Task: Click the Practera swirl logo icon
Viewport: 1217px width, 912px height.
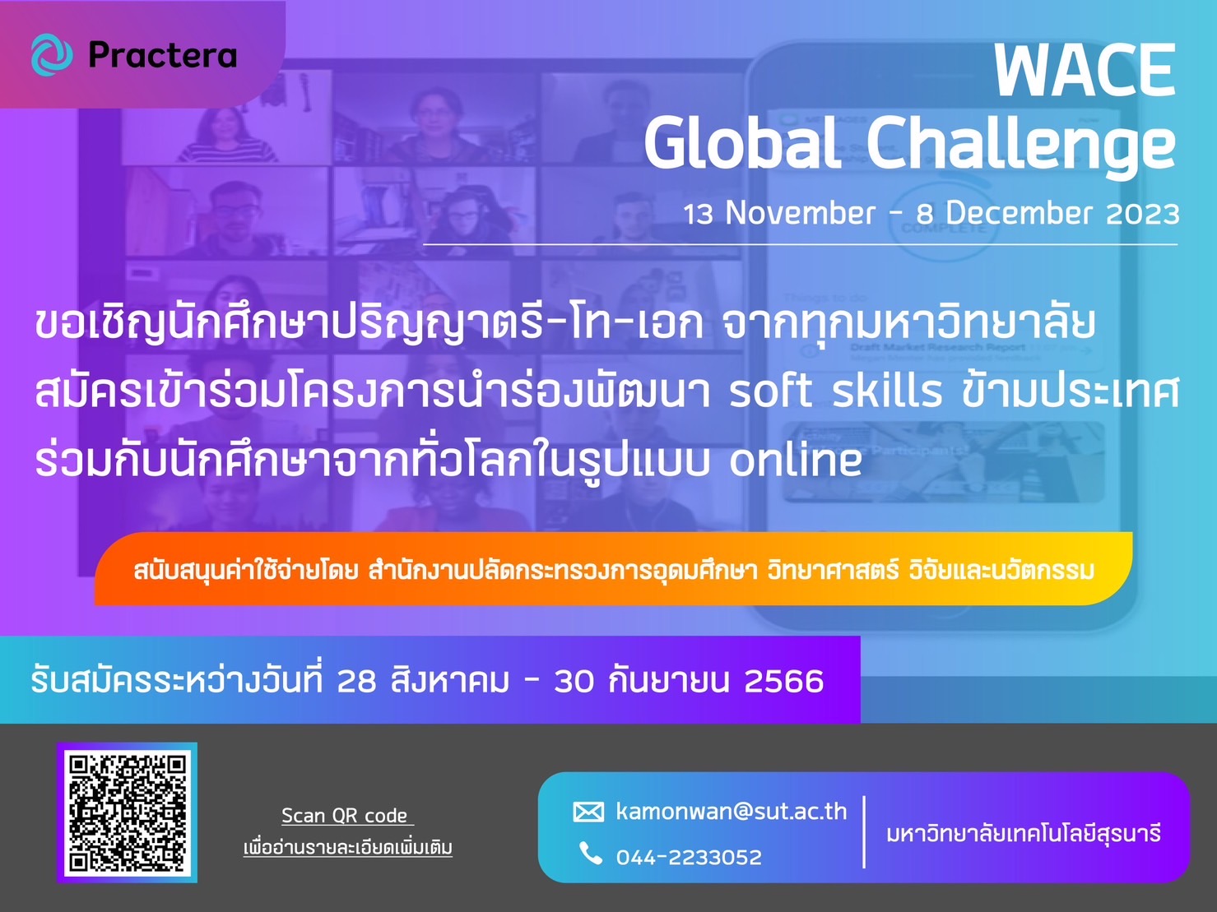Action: click(x=52, y=55)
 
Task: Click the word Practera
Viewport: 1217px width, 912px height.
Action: click(x=162, y=55)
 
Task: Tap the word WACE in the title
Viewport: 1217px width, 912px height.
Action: click(x=1085, y=70)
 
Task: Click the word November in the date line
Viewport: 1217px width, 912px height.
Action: click(x=801, y=213)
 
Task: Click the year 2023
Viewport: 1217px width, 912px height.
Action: click(x=1142, y=214)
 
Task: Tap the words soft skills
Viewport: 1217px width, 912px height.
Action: click(x=835, y=391)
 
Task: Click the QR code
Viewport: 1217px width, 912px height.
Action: click(x=127, y=812)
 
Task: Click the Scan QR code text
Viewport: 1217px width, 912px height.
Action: click(x=344, y=816)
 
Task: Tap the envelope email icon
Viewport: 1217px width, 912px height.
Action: click(x=588, y=812)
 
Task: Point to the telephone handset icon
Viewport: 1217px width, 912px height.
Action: click(x=591, y=854)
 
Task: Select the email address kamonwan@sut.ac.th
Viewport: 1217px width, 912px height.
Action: click(x=732, y=812)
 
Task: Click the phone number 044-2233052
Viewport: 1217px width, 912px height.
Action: click(x=690, y=858)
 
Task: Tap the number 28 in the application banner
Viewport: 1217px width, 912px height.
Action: click(x=357, y=681)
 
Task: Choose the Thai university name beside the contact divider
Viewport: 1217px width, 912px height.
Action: click(x=1024, y=833)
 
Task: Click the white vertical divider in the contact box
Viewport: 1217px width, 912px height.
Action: click(x=864, y=832)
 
